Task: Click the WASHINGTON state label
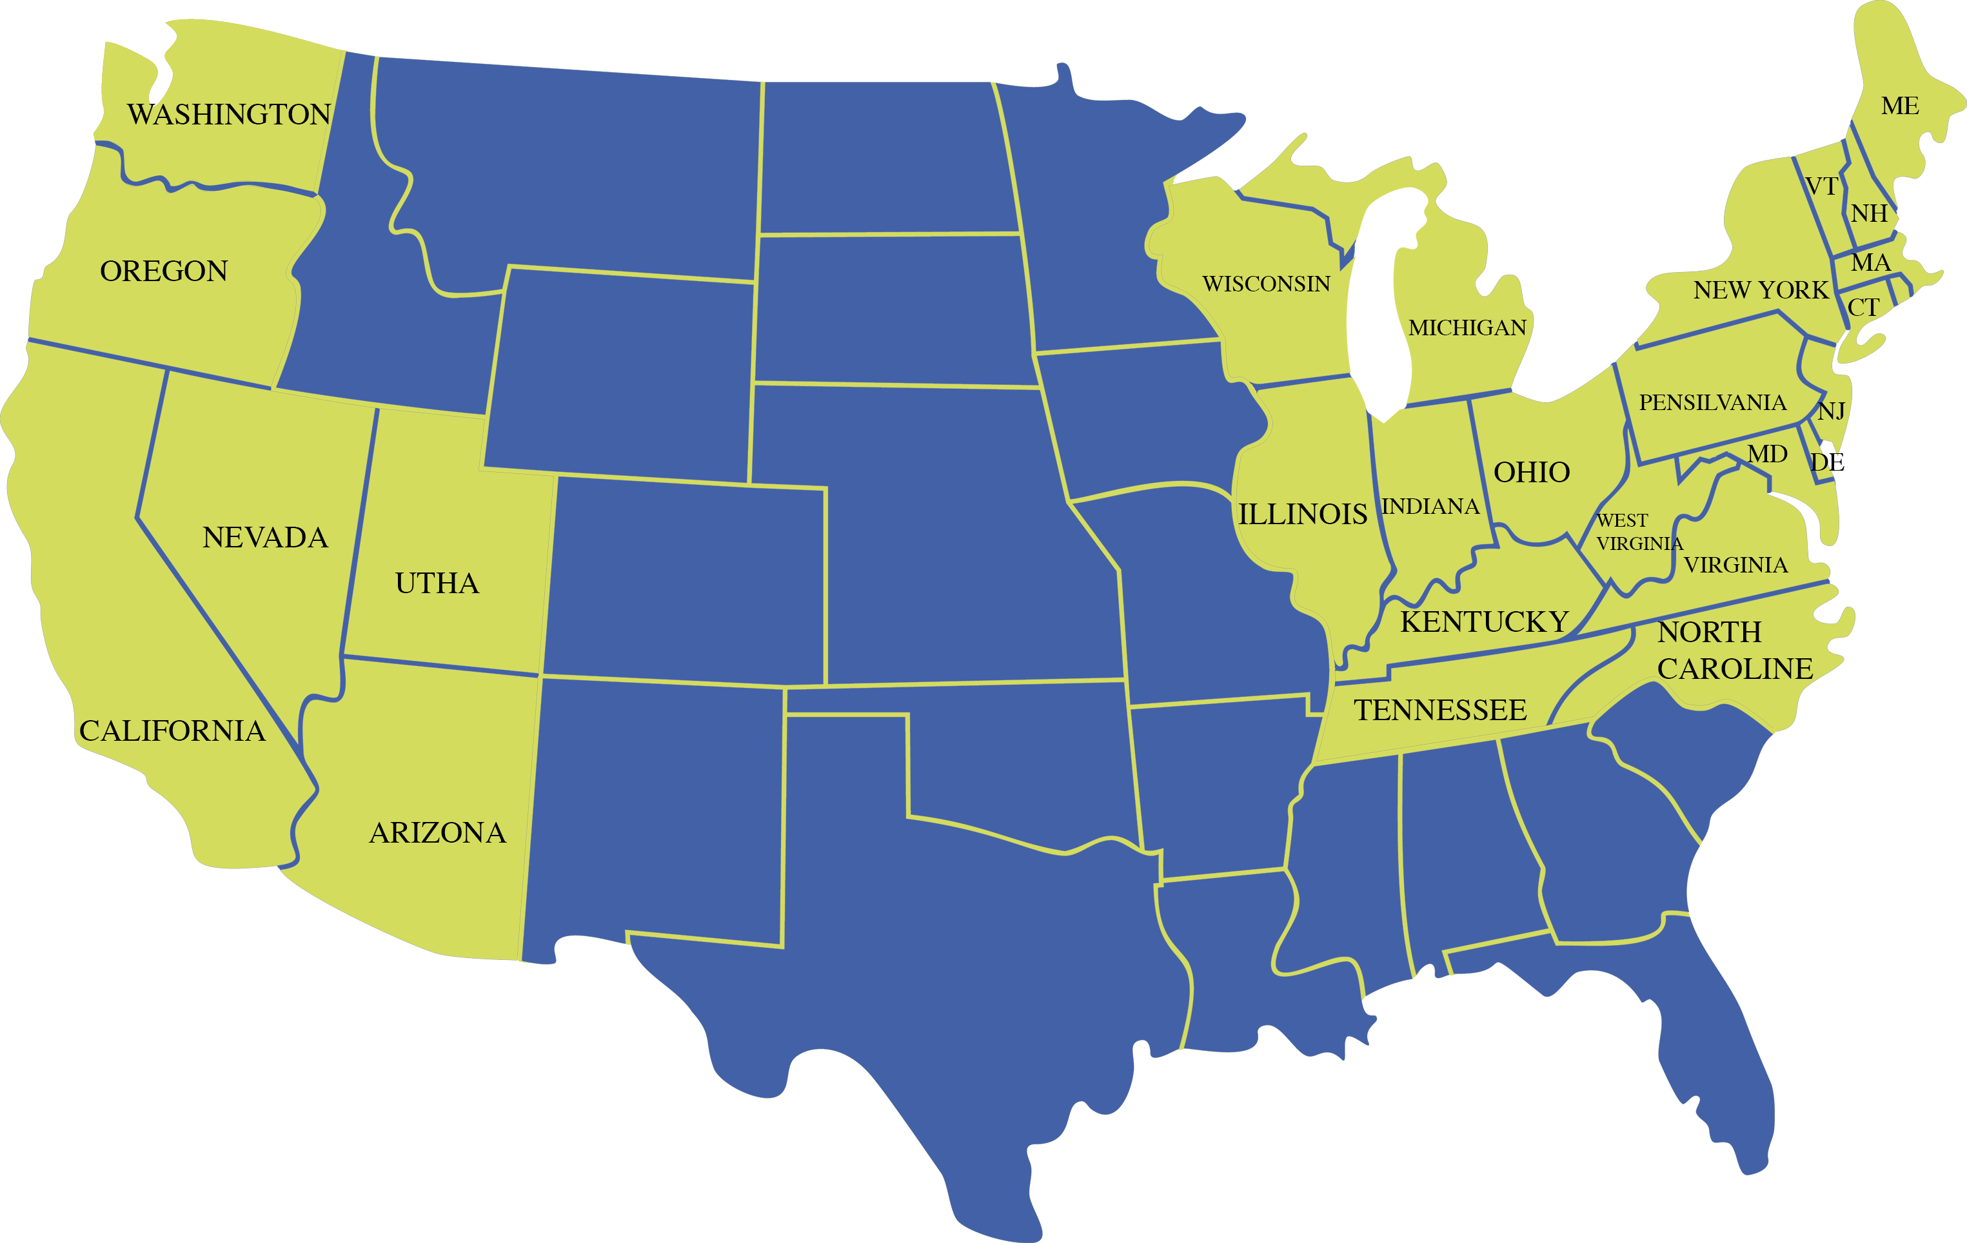click(x=229, y=114)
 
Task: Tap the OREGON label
click(x=163, y=271)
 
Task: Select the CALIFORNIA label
click(x=172, y=731)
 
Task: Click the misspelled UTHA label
click(x=437, y=583)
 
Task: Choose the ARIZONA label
click(x=437, y=833)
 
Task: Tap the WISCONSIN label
click(x=1266, y=284)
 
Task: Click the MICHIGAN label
click(x=1467, y=328)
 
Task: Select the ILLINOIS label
click(x=1302, y=514)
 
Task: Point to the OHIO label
click(x=1532, y=472)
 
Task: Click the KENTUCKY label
click(x=1484, y=622)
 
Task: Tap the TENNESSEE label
click(x=1440, y=710)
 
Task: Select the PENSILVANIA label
click(x=1712, y=403)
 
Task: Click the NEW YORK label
click(x=1761, y=290)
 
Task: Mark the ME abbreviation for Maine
click(x=1900, y=106)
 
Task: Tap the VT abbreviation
click(x=1821, y=187)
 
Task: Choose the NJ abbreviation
click(x=1832, y=411)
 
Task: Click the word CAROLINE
click(x=1735, y=669)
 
